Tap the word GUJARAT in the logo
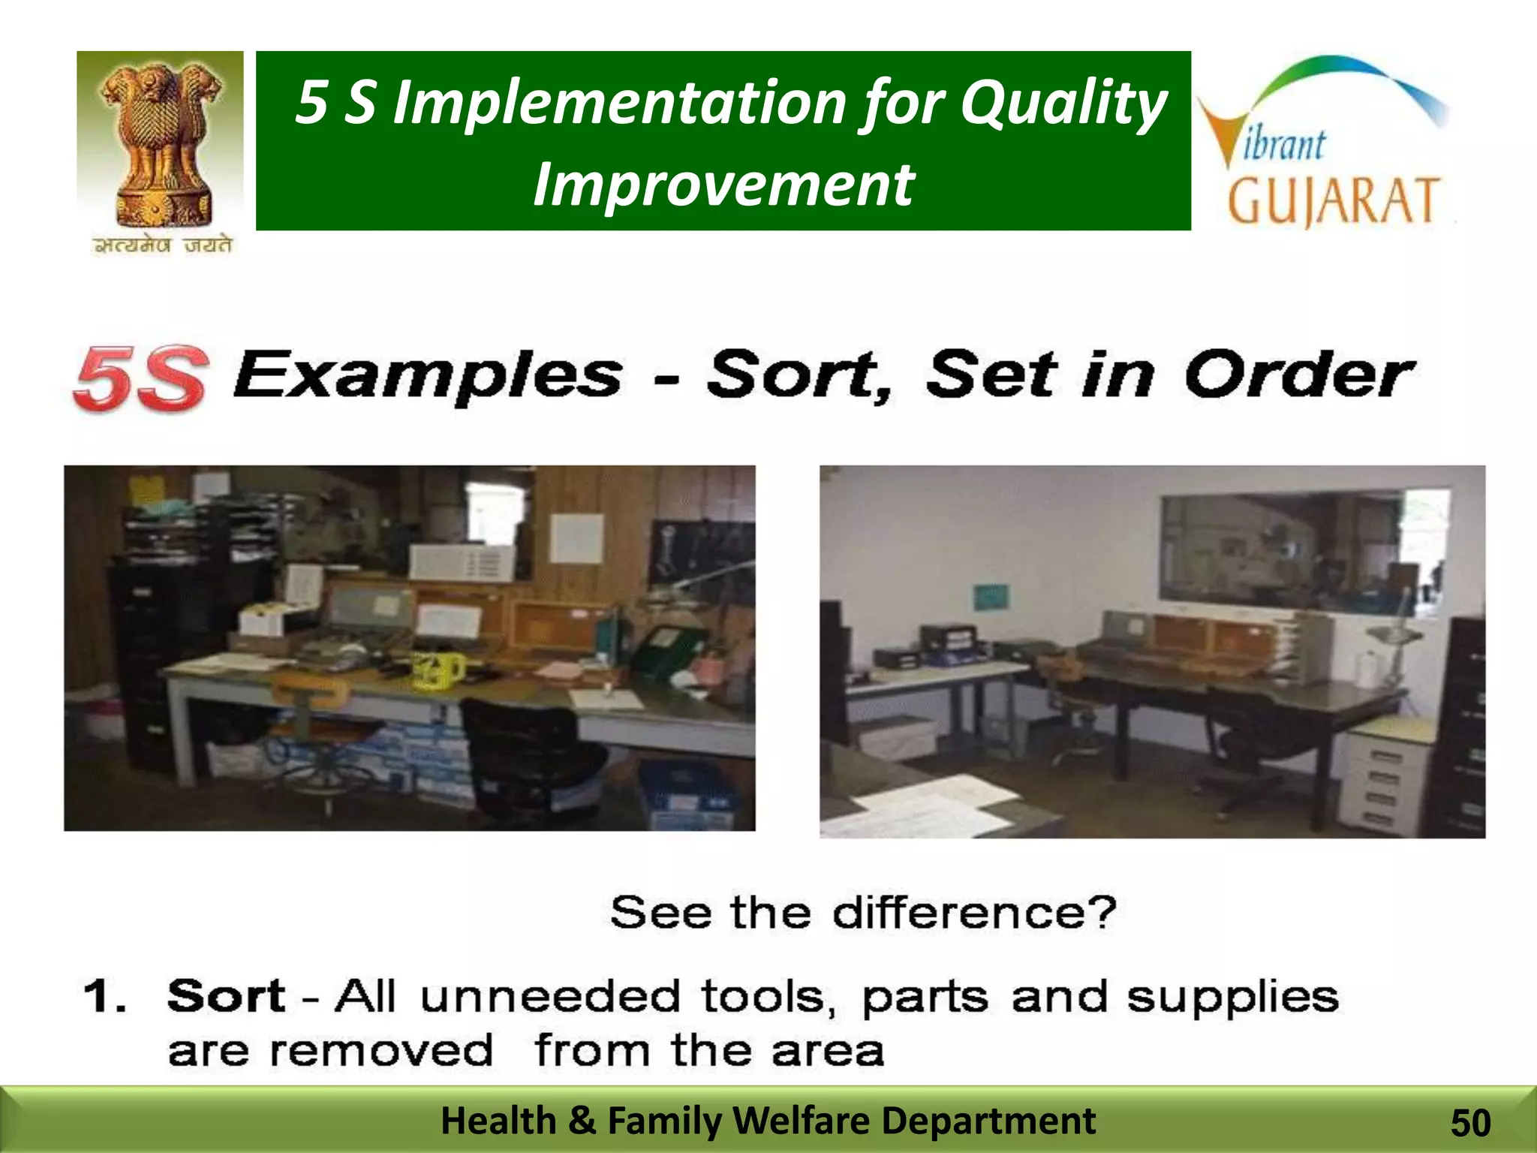pyautogui.click(x=1334, y=201)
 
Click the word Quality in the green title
pyautogui.click(x=1063, y=103)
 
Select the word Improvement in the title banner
pyautogui.click(x=723, y=185)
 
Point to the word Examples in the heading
pyautogui.click(x=427, y=375)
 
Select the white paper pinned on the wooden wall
pyautogui.click(x=576, y=537)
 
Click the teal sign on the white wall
pyautogui.click(x=991, y=597)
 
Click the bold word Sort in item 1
pyautogui.click(x=226, y=996)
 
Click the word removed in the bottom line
pyautogui.click(x=381, y=1050)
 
